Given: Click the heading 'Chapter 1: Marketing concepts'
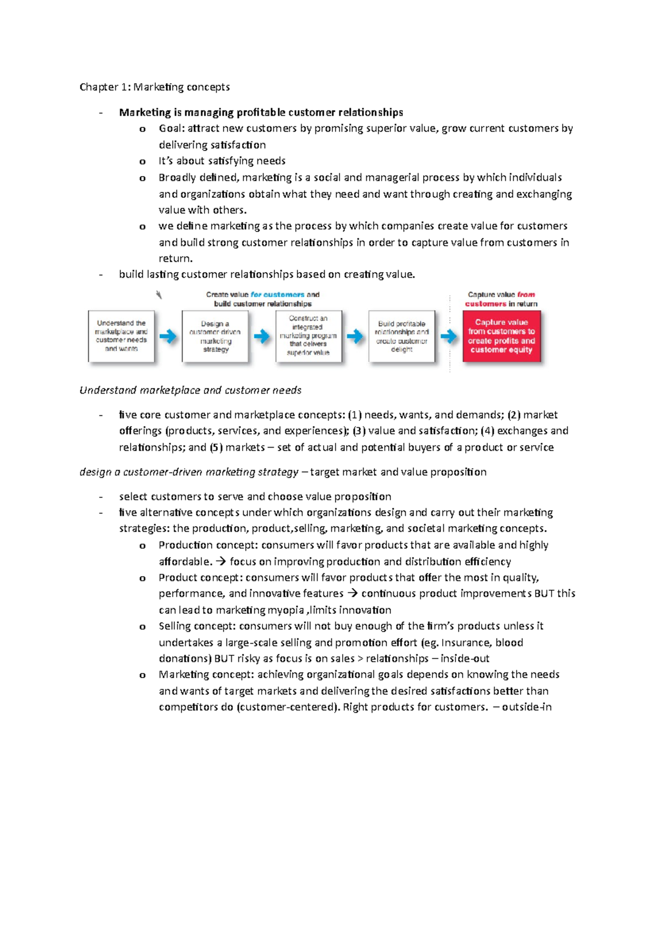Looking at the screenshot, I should pyautogui.click(x=154, y=87).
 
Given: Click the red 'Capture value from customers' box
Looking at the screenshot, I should pyautogui.click(x=501, y=336).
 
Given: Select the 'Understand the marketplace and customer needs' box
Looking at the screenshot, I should pyautogui.click(x=121, y=336).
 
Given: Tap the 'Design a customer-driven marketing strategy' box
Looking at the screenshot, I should pyautogui.click(x=215, y=336).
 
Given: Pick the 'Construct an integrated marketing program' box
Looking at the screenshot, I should pyautogui.click(x=308, y=336).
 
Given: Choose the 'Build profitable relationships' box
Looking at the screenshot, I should pyautogui.click(x=402, y=336).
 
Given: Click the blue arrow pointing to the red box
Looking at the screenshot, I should pyautogui.click(x=449, y=336).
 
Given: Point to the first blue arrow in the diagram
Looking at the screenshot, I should pyautogui.click(x=168, y=336).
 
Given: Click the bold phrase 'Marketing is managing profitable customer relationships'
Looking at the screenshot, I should pyautogui.click(x=261, y=113).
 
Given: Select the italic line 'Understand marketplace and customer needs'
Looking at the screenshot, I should pyautogui.click(x=190, y=390).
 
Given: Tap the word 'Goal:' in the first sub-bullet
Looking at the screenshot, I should pyautogui.click(x=172, y=128).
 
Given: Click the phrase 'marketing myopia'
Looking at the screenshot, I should pyautogui.click(x=260, y=610).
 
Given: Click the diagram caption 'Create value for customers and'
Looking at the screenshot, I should pyautogui.click(x=262, y=295).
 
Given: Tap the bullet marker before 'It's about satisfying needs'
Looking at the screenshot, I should pyautogui.click(x=143, y=162).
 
